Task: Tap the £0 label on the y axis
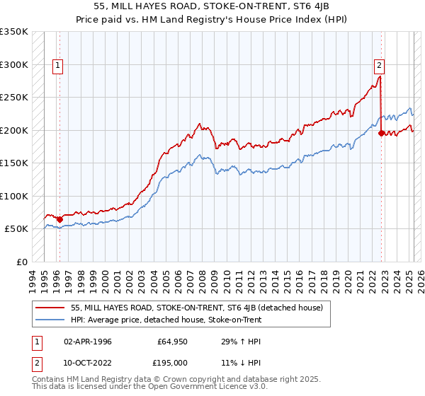point(21,262)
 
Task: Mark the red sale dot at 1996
point(59,219)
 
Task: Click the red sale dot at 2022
point(381,133)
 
